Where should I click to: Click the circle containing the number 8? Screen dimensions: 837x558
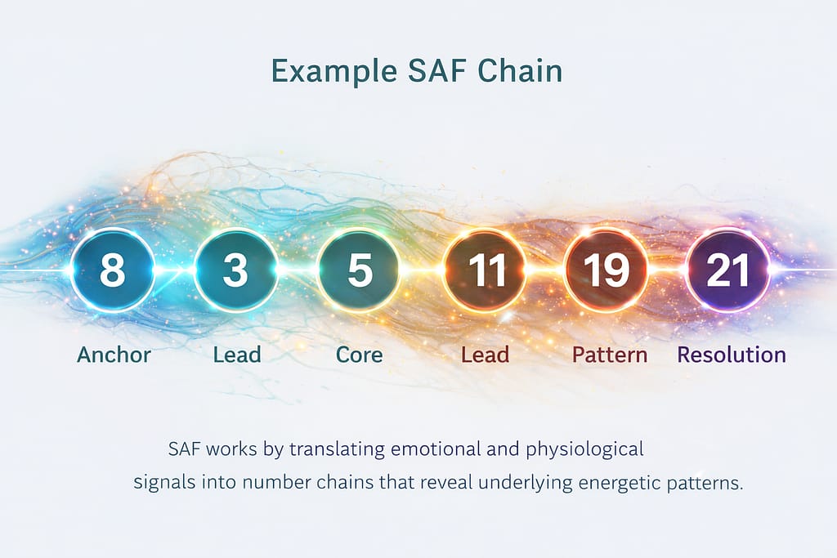tap(113, 270)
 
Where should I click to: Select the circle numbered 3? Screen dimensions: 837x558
tap(235, 270)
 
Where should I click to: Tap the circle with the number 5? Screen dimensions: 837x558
tap(360, 270)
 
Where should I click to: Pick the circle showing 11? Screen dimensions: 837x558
tap(485, 270)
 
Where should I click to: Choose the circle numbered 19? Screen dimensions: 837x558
tap(606, 270)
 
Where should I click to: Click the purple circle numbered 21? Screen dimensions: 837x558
tap(727, 270)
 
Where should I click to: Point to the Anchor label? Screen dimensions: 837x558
tap(114, 355)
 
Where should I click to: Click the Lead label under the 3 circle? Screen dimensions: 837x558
tap(237, 355)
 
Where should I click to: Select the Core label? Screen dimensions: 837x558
tap(360, 355)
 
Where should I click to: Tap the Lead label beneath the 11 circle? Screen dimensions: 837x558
tap(485, 355)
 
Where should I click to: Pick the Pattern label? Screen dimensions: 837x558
tap(610, 355)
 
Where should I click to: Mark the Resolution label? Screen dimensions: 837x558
tap(732, 355)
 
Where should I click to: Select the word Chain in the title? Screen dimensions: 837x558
tap(520, 70)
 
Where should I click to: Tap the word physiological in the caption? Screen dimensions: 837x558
tap(584, 449)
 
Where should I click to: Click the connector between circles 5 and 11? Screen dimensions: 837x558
tap(423, 270)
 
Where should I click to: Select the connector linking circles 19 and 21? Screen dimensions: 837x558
tap(667, 270)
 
